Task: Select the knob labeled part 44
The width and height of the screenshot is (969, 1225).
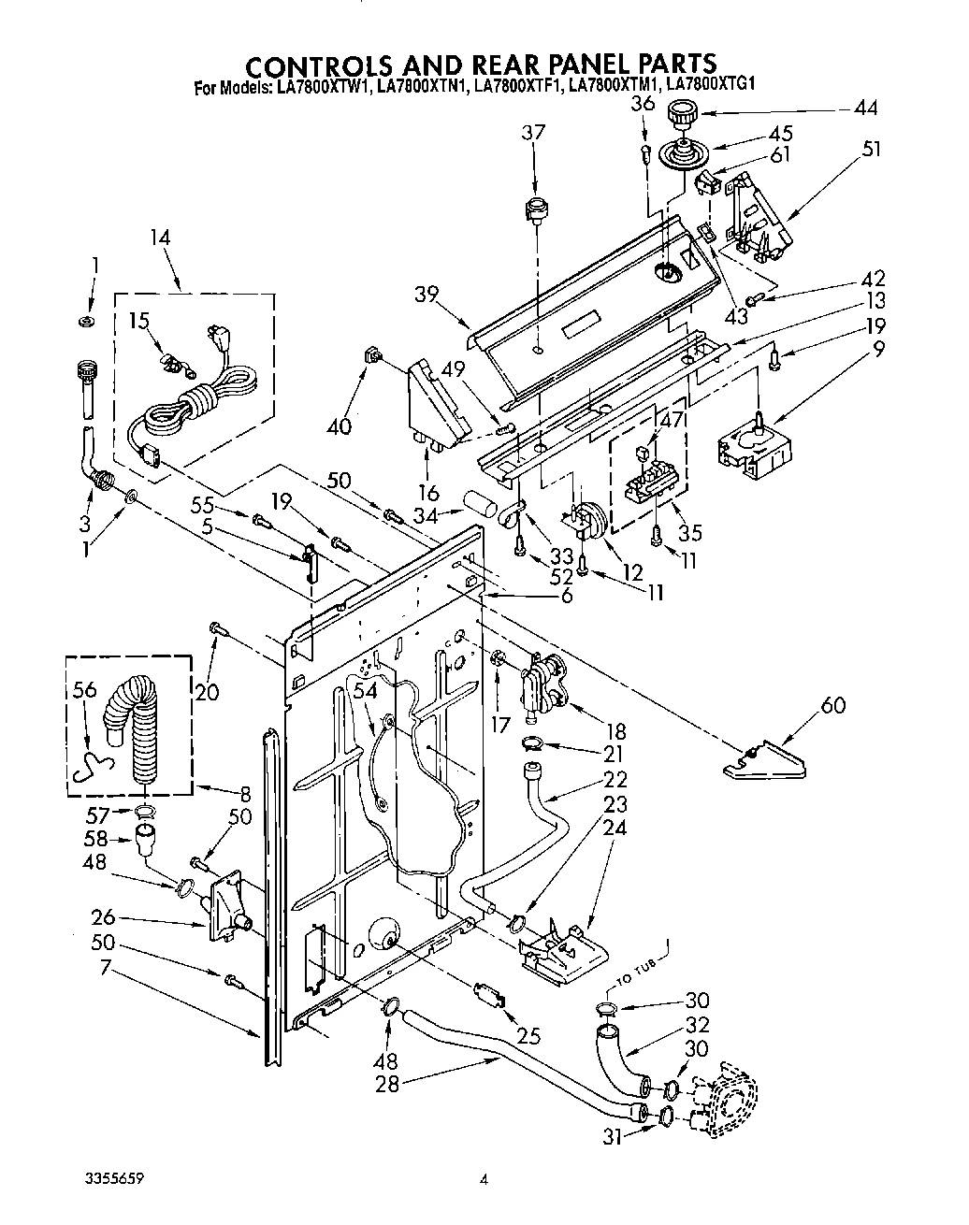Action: pyautogui.click(x=680, y=117)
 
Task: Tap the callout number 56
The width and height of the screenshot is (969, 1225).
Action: pyautogui.click(x=84, y=689)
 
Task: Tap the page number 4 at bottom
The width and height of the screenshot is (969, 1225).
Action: pyautogui.click(x=484, y=1181)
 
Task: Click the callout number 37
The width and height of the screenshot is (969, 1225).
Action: pyautogui.click(x=533, y=134)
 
